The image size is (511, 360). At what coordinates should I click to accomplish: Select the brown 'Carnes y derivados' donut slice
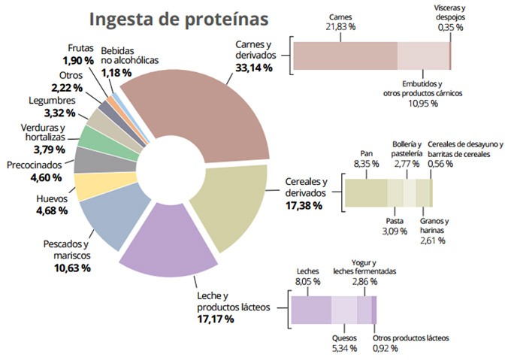pyautogui.click(x=210, y=113)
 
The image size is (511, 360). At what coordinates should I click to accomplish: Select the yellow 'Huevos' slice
pyautogui.click(x=92, y=186)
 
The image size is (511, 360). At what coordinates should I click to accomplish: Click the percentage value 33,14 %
pyautogui.click(x=254, y=68)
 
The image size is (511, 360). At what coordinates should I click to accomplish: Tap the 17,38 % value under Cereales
pyautogui.click(x=305, y=204)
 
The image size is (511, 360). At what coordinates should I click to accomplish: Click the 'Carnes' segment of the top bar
pyautogui.click(x=345, y=56)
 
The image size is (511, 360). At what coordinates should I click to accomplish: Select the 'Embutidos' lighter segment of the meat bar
pyautogui.click(x=422, y=56)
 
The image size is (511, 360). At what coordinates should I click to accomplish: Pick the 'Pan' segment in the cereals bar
pyautogui.click(x=366, y=193)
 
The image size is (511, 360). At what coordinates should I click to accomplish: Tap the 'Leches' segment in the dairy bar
pyautogui.click(x=311, y=310)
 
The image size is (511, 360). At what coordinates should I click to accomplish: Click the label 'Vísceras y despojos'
pyautogui.click(x=449, y=12)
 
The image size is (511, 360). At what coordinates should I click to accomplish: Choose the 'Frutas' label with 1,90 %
pyautogui.click(x=80, y=48)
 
